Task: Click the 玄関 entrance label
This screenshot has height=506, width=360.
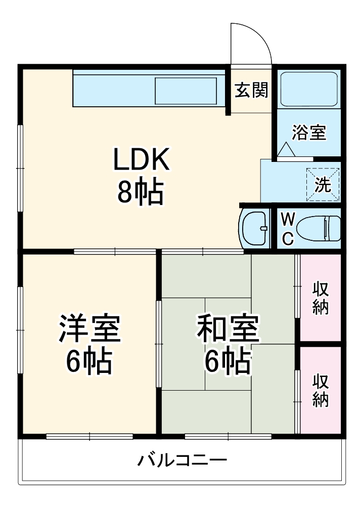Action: (x=251, y=90)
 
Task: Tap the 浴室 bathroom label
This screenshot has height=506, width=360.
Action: (x=309, y=133)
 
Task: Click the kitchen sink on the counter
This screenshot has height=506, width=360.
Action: (x=186, y=91)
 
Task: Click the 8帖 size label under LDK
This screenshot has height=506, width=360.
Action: (x=140, y=191)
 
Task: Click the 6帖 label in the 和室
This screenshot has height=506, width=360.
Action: (x=228, y=360)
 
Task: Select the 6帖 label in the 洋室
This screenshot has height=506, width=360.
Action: (x=89, y=360)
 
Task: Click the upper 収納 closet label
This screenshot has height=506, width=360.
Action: (x=321, y=298)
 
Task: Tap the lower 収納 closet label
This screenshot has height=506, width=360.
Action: (x=321, y=390)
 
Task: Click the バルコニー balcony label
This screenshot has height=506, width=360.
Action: (x=182, y=460)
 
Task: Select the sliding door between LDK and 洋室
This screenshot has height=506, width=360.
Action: (x=115, y=251)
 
